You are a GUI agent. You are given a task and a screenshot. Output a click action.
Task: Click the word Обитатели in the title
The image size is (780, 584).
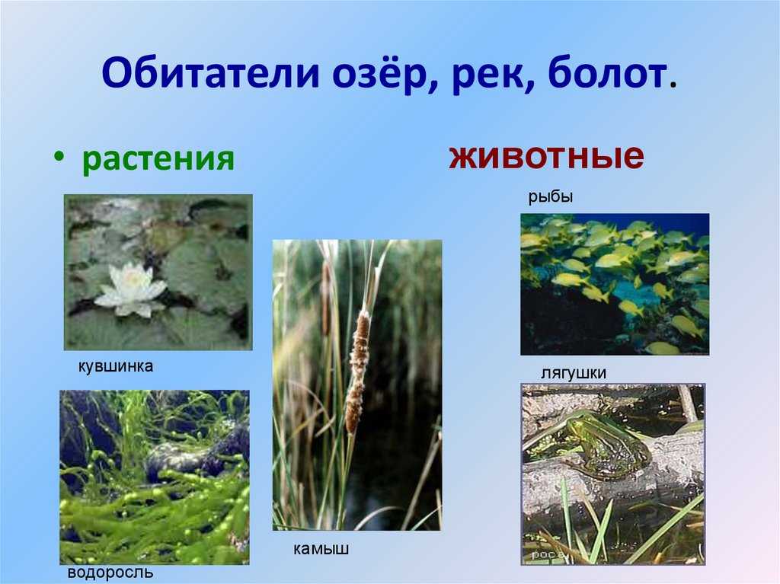pos(211,72)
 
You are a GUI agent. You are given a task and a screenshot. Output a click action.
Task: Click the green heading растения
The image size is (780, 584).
pos(158,158)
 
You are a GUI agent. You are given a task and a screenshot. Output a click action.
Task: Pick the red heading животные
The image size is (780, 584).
pos(546,155)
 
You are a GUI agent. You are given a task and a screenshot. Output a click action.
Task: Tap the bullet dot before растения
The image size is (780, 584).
pos(59,156)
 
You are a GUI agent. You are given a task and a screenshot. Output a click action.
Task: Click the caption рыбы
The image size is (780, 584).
pos(550,197)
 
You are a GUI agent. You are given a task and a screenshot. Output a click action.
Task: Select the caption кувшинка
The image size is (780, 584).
pos(116,366)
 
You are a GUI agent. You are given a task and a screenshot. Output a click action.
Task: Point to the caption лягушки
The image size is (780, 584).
pos(574,373)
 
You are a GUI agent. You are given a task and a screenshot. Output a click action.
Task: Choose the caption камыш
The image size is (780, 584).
pos(321,549)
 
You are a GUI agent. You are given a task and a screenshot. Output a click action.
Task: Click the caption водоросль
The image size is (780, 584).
pos(110,573)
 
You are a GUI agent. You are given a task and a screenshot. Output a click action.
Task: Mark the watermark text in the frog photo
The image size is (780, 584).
pos(547,554)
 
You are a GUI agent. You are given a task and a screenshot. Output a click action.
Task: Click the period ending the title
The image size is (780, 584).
pos(673,85)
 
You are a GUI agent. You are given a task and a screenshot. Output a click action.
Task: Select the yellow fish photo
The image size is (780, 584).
pos(615,284)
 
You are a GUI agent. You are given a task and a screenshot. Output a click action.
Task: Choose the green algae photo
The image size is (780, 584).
pos(155,477)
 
